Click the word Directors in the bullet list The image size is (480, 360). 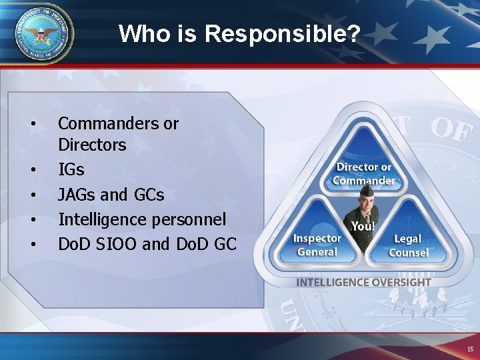tap(92, 145)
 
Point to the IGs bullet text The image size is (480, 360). tap(71, 170)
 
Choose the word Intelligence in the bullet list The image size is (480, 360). tap(99, 219)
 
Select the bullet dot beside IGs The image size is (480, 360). tap(33, 170)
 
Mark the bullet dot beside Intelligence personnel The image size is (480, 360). tap(33, 219)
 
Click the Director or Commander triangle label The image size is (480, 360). tap(363, 173)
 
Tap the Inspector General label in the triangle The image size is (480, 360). tap(317, 245)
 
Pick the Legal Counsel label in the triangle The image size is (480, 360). tap(408, 245)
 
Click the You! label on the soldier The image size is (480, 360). tap(363, 227)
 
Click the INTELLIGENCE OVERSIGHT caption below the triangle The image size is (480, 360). tap(363, 282)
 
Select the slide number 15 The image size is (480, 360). tap(471, 349)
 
